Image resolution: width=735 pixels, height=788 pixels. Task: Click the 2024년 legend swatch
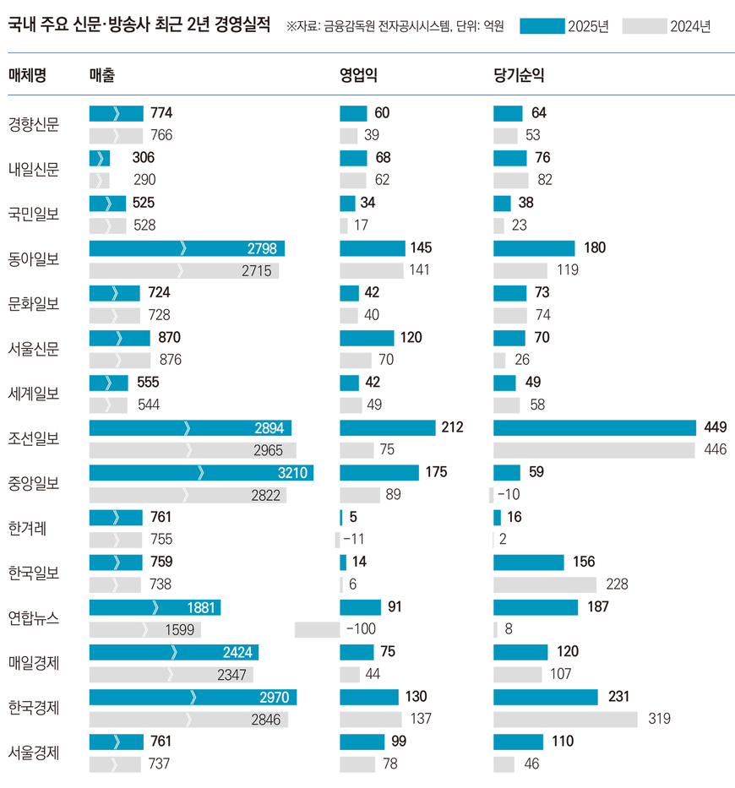click(x=644, y=26)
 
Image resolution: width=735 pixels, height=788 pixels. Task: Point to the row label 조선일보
click(x=34, y=438)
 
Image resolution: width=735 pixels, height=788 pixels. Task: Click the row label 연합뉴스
click(x=34, y=617)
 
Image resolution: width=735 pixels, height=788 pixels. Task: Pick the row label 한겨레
click(x=28, y=528)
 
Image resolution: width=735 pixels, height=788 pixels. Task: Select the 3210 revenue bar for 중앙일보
click(x=201, y=472)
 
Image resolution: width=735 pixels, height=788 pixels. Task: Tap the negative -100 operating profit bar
click(x=317, y=629)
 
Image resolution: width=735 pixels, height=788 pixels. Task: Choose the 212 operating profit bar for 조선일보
click(x=387, y=427)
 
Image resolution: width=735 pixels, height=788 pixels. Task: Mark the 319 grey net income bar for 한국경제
click(x=564, y=719)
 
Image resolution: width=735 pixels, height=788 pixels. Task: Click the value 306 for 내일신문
click(x=144, y=158)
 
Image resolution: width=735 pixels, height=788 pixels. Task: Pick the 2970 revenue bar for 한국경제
click(x=193, y=697)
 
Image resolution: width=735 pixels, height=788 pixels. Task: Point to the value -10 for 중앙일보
click(x=510, y=495)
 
